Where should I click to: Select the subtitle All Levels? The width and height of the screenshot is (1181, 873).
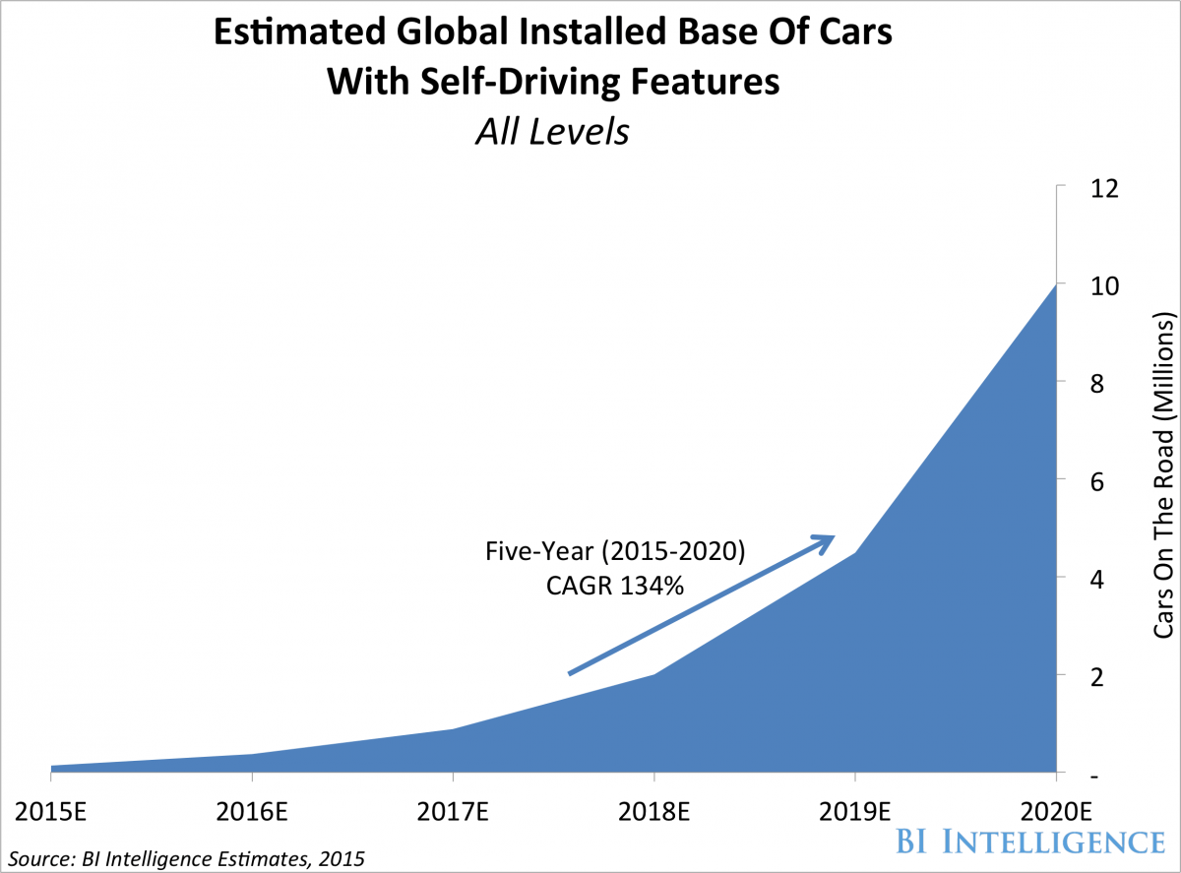pos(551,132)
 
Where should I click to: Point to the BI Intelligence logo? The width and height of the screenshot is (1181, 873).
pos(1026,842)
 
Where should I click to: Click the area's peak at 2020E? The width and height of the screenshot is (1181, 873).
pos(1055,286)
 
